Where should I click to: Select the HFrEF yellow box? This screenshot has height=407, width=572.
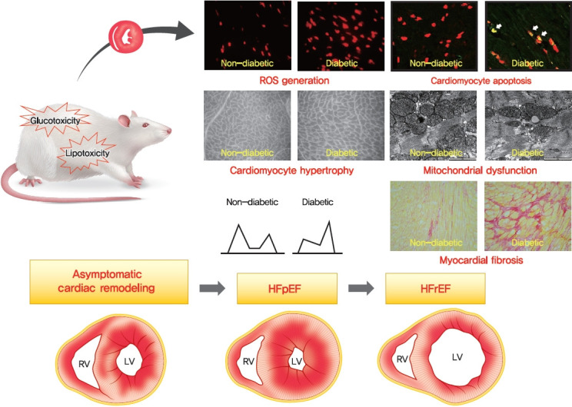[435, 288]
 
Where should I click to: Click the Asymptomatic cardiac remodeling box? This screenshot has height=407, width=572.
[108, 281]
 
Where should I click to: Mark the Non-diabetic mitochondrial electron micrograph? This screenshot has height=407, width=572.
[432, 126]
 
